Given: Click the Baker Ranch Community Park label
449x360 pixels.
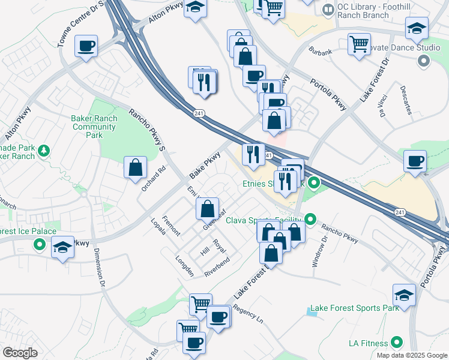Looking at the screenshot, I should coord(94,127).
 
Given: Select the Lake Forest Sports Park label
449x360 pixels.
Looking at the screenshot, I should coord(354,308).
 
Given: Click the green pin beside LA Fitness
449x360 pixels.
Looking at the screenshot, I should coord(396,343).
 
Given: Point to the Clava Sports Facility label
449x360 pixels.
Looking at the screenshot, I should coord(264,220).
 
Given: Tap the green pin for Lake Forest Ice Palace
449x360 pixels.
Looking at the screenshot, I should coord(40,244).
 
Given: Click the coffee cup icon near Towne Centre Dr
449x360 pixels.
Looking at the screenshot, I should coord(86,46).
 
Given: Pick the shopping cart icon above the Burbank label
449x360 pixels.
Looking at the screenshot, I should coord(359,43).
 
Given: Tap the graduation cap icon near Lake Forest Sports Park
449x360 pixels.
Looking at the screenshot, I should coord(405,295).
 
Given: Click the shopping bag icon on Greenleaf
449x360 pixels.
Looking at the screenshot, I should coord(207,209).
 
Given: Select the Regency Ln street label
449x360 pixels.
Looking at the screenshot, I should coord(248,316).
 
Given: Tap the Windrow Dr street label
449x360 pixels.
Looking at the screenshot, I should coord(320,251).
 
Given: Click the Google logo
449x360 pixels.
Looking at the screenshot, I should coord(20,353).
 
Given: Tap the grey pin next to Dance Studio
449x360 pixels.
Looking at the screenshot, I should coord(424,61).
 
